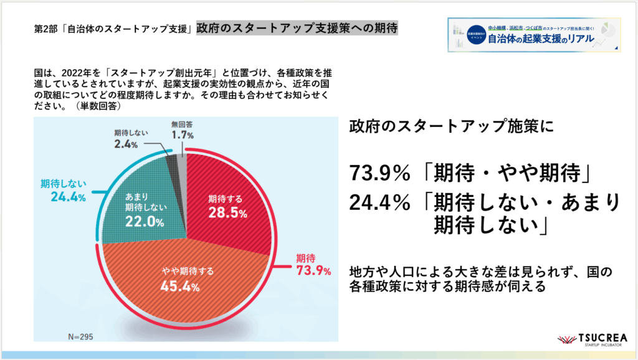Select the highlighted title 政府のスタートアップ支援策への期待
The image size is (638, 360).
point(297,29)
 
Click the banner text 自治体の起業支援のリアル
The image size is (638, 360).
point(541,40)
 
